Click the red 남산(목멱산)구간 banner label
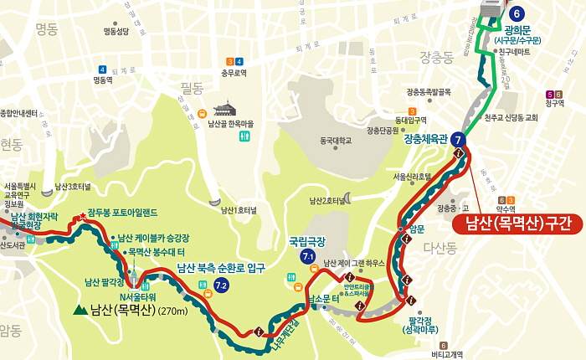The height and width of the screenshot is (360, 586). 517,224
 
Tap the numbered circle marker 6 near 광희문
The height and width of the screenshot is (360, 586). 517,13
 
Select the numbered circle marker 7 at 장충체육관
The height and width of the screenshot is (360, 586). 459,141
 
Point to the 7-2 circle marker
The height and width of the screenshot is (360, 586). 221,286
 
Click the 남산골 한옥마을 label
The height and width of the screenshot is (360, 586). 229,123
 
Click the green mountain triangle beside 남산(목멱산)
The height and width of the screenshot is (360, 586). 80,311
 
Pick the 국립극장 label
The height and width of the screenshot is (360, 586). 305,240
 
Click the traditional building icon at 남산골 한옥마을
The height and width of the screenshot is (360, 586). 225,109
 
